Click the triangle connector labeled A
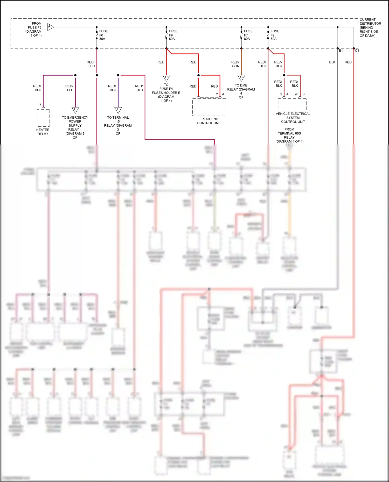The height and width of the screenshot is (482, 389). pos(50,27)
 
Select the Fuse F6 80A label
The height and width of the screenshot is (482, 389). pos(103,35)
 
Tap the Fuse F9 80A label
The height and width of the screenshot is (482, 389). pos(173,35)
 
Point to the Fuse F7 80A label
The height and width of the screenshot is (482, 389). pos(248,35)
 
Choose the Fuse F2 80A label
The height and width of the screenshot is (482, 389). pos(274,35)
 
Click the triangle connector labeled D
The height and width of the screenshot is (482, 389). pos(166,78)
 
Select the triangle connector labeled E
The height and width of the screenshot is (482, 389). pos(75,110)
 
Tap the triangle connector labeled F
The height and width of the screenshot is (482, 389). pos(118,110)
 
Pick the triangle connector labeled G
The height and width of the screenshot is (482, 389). pos(241,77)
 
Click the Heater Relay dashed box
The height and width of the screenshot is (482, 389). pos(43,118)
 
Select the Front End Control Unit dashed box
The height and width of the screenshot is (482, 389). pos(209,107)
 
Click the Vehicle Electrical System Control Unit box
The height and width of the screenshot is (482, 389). pos(292,105)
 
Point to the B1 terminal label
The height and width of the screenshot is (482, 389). pos(341,51)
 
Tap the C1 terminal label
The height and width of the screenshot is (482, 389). pos(357,51)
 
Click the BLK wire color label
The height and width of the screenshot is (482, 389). pos(332,62)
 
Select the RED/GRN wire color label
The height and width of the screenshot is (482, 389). pos(235,64)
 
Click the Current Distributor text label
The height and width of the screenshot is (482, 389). pos(370,27)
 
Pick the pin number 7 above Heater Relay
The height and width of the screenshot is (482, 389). pos(40,105)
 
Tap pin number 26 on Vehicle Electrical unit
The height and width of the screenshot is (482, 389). pos(296,94)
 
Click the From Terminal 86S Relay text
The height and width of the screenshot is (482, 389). pos(289,135)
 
